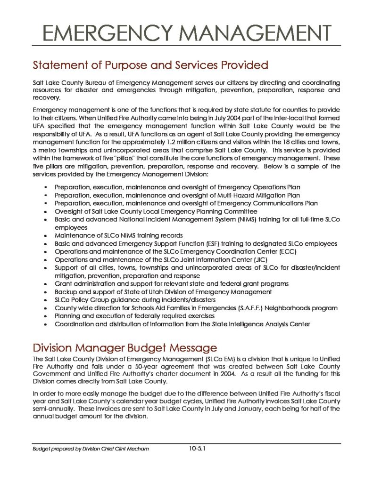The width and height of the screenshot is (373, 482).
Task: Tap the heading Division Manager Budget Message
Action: (x=124, y=348)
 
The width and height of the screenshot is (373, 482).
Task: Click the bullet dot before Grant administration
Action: (x=45, y=284)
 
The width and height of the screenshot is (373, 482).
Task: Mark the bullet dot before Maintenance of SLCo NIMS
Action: (x=45, y=236)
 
